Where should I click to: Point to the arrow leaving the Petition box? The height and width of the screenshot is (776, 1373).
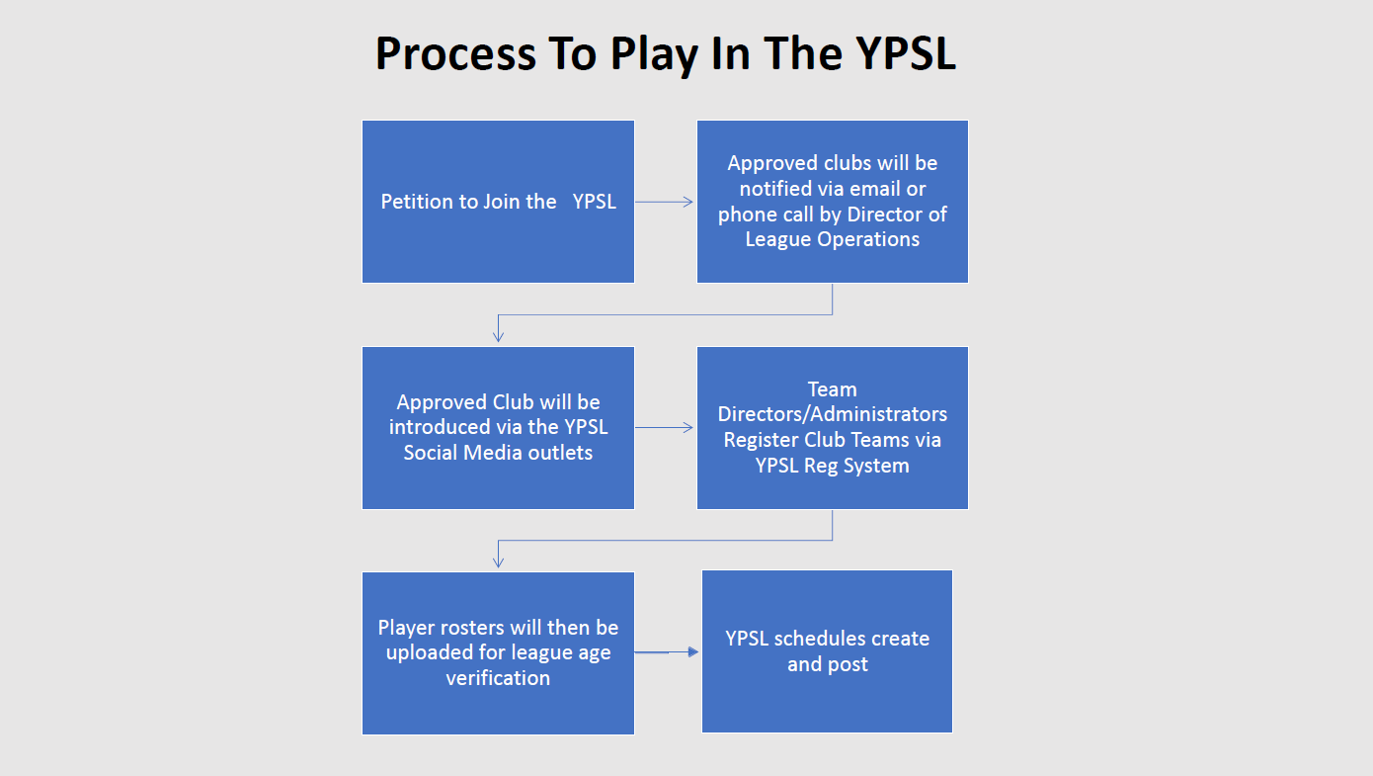(x=665, y=202)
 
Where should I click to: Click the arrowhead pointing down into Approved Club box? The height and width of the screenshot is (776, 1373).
(x=498, y=335)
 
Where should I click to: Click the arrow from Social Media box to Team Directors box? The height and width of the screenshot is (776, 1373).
(x=665, y=428)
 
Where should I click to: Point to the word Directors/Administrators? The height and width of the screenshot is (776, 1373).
(x=833, y=414)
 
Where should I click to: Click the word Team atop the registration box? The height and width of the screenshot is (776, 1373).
(x=833, y=389)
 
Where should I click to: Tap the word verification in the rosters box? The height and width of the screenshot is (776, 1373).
(x=498, y=678)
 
